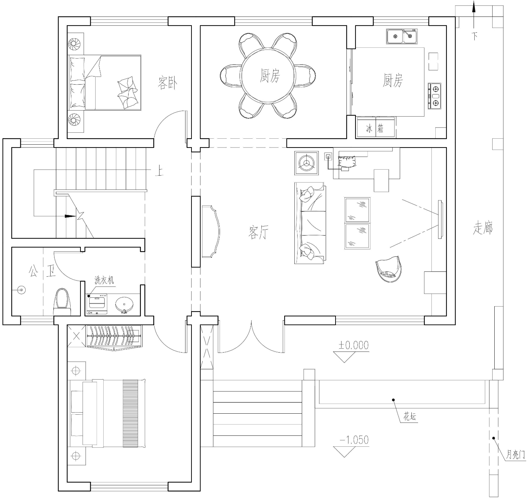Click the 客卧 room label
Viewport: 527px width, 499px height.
[167, 83]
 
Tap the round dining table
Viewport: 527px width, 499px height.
[268, 75]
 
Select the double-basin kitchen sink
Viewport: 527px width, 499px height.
[402, 37]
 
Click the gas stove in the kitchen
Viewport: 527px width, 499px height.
[435, 96]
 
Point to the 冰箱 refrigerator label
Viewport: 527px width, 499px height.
[375, 129]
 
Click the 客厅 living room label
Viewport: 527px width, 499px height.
[258, 232]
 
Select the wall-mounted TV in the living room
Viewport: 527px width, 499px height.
[440, 219]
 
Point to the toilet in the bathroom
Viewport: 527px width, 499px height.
[62, 302]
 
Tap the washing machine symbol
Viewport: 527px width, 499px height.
[97, 304]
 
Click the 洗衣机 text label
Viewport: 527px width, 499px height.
[104, 280]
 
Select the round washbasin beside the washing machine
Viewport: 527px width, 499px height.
[124, 305]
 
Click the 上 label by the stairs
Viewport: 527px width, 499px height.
[160, 171]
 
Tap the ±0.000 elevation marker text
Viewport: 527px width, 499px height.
[353, 345]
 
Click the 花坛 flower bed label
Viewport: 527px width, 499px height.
[410, 417]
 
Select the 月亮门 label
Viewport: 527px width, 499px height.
[515, 455]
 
